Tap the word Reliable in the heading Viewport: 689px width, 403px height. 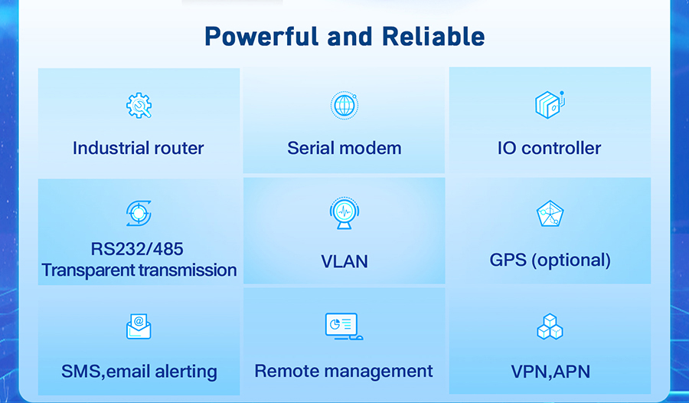pos(433,36)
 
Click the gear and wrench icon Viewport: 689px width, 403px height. pos(139,106)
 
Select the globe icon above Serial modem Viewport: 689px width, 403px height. pos(344,106)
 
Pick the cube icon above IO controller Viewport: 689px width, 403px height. pos(549,105)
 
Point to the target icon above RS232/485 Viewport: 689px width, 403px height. pos(139,214)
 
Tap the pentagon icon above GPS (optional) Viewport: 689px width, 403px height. pos(550,214)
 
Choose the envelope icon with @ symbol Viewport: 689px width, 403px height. pos(139,326)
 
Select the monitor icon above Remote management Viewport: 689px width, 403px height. pos(344,326)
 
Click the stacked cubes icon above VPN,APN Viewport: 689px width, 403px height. pos(550,326)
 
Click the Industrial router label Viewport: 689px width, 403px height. pos(139,149)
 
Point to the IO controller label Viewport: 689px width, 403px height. pos(549,149)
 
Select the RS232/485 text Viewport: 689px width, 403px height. pos(137,249)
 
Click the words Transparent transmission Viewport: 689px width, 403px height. pos(139,270)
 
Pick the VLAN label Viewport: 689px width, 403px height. pos(344,261)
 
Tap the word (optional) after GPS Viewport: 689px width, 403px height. pos(571,260)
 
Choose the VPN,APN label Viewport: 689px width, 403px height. pos(550,372)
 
